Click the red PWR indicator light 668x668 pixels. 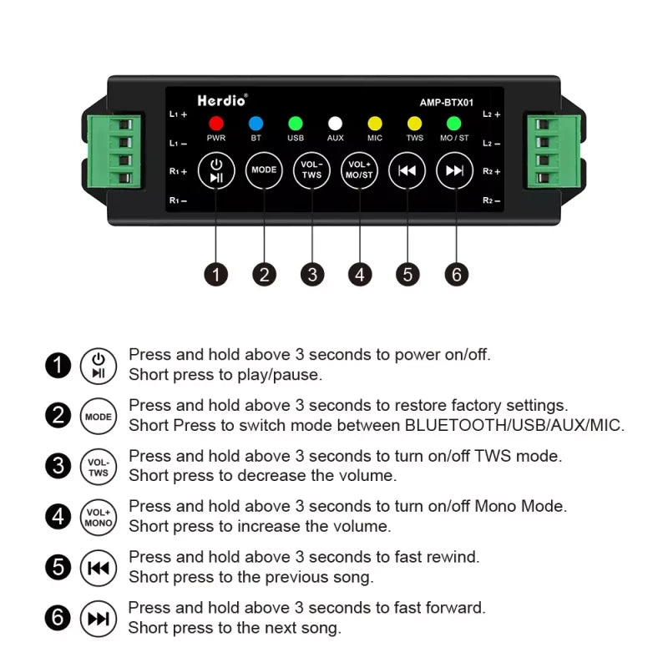(215, 123)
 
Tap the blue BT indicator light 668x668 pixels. (256, 123)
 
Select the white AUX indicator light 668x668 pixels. (335, 123)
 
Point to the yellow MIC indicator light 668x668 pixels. (375, 123)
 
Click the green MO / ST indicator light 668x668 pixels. (454, 123)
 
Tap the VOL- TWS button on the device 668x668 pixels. (311, 170)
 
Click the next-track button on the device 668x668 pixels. (454, 170)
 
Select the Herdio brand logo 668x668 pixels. (222, 100)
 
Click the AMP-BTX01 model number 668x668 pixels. (447, 103)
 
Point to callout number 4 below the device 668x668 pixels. (360, 274)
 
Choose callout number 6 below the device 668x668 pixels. (456, 274)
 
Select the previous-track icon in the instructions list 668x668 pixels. (98, 569)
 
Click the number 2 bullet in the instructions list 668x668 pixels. (57, 416)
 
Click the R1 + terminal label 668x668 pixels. (178, 171)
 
